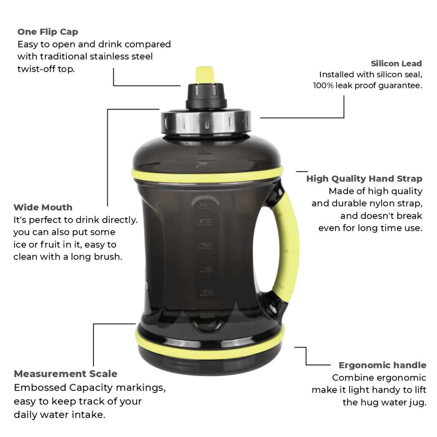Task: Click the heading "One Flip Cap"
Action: tap(48, 32)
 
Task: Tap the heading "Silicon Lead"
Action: tap(396, 64)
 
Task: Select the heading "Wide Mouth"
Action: tap(43, 207)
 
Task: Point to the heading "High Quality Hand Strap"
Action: tap(364, 179)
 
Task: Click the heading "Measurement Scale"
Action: tap(66, 374)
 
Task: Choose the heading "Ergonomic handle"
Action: tap(382, 365)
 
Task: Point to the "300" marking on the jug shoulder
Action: tap(202, 163)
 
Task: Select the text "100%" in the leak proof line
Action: tap(323, 86)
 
